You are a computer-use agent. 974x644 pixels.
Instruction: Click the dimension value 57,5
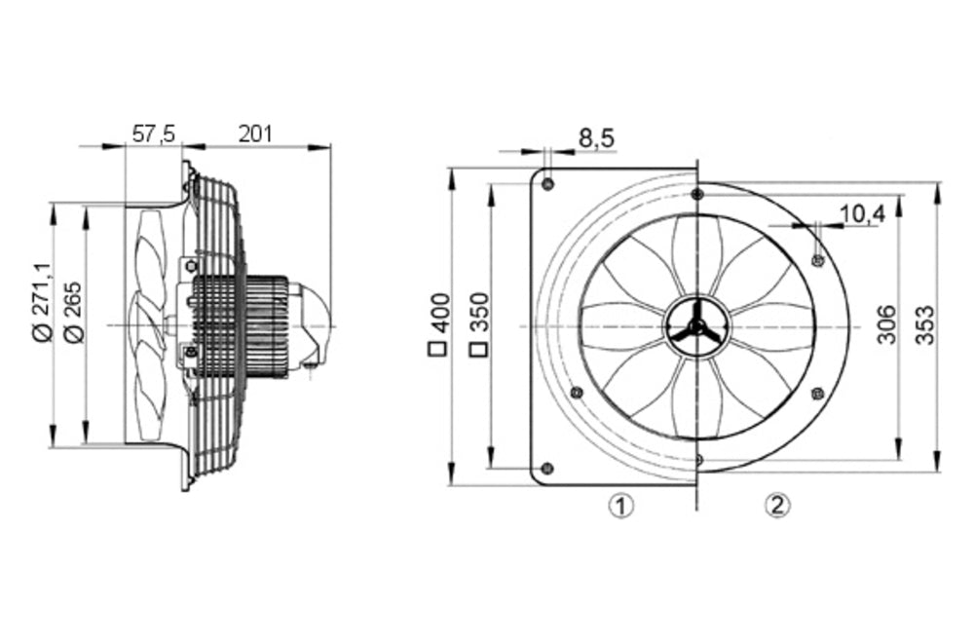click(153, 134)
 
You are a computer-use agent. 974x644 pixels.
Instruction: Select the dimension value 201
click(255, 134)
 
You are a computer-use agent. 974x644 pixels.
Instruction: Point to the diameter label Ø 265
click(72, 311)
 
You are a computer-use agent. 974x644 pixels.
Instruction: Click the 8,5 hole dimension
click(596, 138)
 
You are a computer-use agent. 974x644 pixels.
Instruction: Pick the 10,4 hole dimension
click(862, 214)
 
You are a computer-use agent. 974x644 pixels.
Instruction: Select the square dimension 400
click(439, 322)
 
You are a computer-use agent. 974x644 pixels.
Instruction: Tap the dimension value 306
click(885, 323)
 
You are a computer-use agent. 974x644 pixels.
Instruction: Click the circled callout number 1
click(620, 505)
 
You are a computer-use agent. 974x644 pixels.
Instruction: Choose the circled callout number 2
click(775, 505)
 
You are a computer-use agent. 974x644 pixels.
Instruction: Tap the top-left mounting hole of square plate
click(547, 184)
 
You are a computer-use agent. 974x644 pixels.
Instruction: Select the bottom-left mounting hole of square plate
click(546, 468)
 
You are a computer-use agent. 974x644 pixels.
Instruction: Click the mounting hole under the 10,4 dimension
click(817, 259)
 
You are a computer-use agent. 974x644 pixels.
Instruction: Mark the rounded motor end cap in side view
click(314, 322)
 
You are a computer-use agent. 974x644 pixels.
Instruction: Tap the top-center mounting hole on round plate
click(696, 195)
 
